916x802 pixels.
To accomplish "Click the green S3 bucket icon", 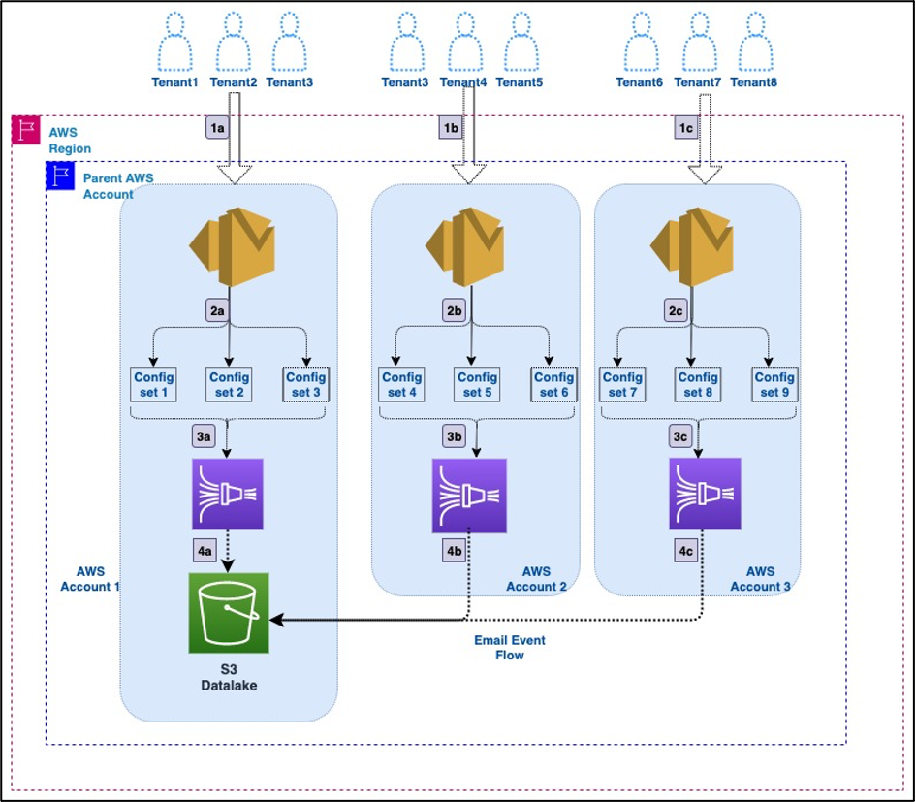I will pyautogui.click(x=229, y=613).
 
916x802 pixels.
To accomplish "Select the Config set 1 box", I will pyautogui.click(x=151, y=385).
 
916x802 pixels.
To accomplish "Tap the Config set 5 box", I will pyautogui.click(x=477, y=385).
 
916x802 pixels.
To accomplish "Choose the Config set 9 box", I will pyautogui.click(x=774, y=385).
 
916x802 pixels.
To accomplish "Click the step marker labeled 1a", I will pyautogui.click(x=218, y=128).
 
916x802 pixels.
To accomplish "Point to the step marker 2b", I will pyautogui.click(x=454, y=310).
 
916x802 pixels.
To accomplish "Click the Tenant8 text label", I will pyautogui.click(x=753, y=82).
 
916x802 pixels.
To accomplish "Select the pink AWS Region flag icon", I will pyautogui.click(x=25, y=131).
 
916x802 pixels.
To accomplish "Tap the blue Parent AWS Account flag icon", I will pyautogui.click(x=60, y=176).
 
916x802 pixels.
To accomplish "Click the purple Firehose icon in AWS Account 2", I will pyautogui.click(x=468, y=497).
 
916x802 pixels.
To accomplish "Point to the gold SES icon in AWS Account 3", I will pyautogui.click(x=690, y=247).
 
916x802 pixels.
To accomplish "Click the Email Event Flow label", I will pyautogui.click(x=510, y=648).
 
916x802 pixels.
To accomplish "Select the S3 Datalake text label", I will pyautogui.click(x=229, y=676).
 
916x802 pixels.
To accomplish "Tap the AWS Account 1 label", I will pyautogui.click(x=90, y=580).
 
